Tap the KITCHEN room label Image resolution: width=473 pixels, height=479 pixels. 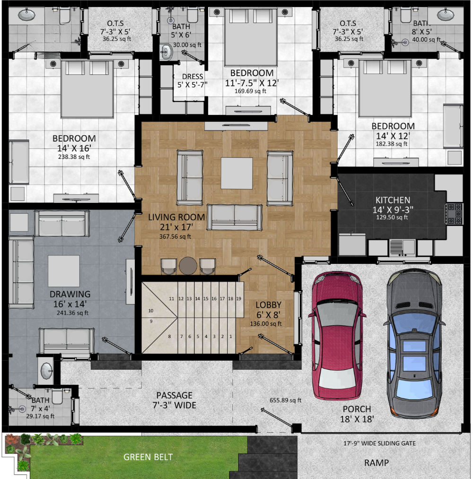pyautogui.click(x=393, y=200)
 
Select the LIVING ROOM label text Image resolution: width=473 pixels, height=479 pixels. pyautogui.click(x=176, y=218)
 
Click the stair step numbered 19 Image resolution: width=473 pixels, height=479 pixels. pyautogui.click(x=239, y=299)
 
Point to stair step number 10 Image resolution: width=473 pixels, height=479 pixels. pyautogui.click(x=151, y=311)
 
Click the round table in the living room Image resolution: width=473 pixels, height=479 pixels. pyautogui.click(x=188, y=266)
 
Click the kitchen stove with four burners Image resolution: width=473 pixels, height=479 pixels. pyautogui.click(x=455, y=214)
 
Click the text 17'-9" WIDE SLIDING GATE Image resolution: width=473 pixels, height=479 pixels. pyautogui.click(x=379, y=443)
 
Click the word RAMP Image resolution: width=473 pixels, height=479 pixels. pyautogui.click(x=377, y=463)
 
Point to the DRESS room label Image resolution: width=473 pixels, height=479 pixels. pyautogui.click(x=193, y=77)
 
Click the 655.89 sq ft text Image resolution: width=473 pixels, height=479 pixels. pyautogui.click(x=285, y=400)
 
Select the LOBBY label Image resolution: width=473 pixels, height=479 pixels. pyautogui.click(x=268, y=305)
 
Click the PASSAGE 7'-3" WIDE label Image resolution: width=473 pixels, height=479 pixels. pyautogui.click(x=174, y=400)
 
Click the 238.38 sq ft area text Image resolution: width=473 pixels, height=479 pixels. pyautogui.click(x=74, y=157)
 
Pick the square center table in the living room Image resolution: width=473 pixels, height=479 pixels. pyautogui.click(x=236, y=173)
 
